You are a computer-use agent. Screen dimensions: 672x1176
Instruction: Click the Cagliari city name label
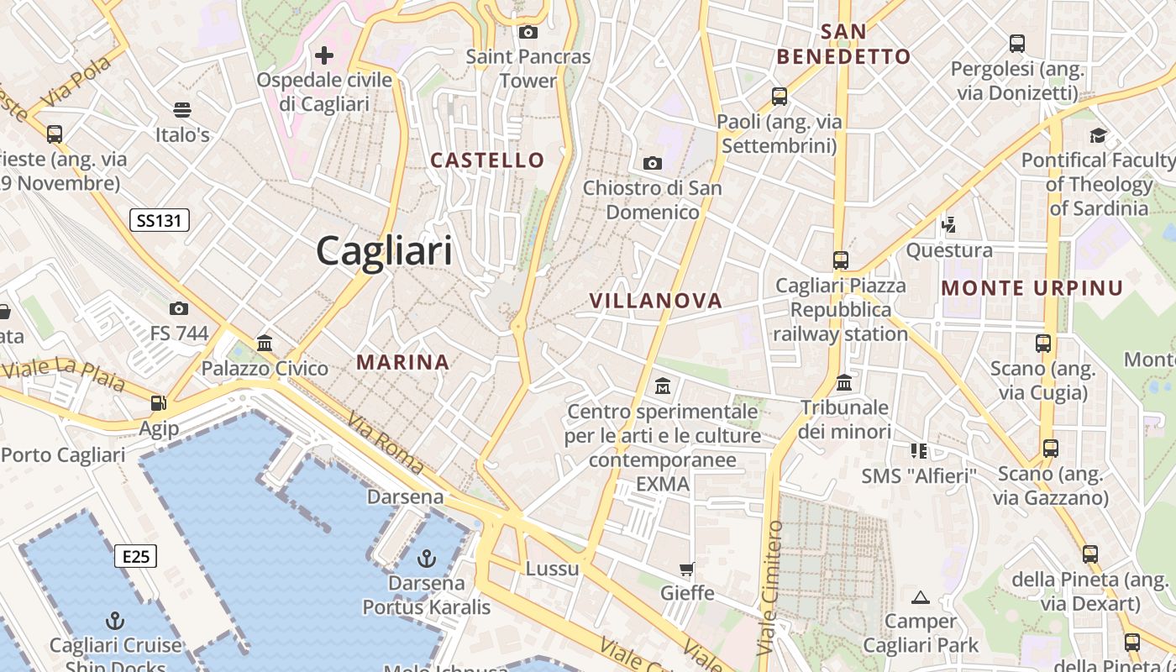click(384, 251)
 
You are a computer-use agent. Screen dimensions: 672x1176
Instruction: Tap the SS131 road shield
click(160, 221)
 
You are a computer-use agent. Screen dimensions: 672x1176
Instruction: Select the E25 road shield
click(135, 556)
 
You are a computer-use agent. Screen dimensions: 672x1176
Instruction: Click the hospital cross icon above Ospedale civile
click(324, 55)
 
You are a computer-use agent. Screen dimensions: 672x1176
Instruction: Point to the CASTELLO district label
click(487, 160)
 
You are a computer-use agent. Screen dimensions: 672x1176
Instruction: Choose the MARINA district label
click(403, 362)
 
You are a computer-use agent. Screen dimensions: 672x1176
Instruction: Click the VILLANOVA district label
click(656, 301)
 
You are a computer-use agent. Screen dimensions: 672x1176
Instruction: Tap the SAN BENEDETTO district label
click(843, 45)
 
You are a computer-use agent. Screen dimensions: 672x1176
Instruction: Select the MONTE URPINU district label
click(1032, 288)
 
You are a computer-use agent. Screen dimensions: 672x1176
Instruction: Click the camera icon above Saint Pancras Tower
click(528, 33)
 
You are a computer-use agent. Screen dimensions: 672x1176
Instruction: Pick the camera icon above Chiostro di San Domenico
click(653, 163)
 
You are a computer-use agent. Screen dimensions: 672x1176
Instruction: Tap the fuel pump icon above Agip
click(158, 403)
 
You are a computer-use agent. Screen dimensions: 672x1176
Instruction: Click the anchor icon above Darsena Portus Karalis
click(427, 558)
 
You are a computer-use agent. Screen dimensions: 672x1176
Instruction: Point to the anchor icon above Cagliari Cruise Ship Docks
click(115, 621)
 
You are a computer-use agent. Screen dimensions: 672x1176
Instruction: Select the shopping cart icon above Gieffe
click(687, 570)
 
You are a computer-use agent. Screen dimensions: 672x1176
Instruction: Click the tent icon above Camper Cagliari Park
click(921, 597)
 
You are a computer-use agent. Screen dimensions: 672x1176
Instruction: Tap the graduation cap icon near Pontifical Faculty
click(1098, 135)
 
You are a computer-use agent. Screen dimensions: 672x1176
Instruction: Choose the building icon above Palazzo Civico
click(265, 343)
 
